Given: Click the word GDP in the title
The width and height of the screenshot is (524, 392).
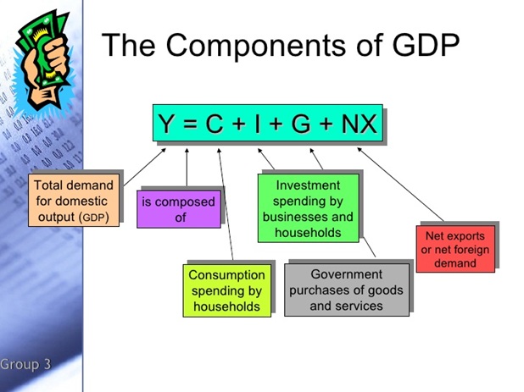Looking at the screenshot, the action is (426, 44).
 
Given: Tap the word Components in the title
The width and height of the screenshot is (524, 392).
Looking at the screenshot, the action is (256, 44).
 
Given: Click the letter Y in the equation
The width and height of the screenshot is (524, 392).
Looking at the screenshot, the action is (165, 123).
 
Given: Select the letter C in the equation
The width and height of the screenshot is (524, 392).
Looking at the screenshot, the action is (215, 124).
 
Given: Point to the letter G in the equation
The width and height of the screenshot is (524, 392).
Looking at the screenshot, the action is (301, 124).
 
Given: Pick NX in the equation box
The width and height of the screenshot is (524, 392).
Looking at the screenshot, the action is (359, 124).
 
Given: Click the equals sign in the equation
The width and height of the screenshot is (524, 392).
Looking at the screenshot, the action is (189, 124).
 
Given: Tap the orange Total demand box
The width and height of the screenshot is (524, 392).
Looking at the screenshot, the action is (74, 200).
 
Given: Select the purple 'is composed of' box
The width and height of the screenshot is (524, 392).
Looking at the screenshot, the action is (179, 209).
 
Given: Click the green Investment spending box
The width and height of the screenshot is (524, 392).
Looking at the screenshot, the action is (308, 207).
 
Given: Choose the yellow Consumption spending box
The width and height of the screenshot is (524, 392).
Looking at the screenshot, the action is (227, 290).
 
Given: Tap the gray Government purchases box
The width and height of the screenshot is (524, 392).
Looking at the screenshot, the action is (347, 290).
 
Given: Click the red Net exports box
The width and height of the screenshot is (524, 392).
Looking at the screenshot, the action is (455, 249).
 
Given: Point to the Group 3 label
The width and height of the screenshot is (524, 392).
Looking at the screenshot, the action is (25, 364).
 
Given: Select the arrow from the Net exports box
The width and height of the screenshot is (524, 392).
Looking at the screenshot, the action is (400, 185).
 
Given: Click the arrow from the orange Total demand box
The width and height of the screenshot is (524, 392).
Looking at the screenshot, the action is (145, 167).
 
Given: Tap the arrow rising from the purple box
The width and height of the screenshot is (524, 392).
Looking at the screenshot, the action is (187, 167).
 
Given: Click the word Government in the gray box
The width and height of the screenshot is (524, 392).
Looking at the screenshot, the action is (346, 274).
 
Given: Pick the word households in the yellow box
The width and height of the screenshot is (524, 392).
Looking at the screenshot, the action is (226, 306).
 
